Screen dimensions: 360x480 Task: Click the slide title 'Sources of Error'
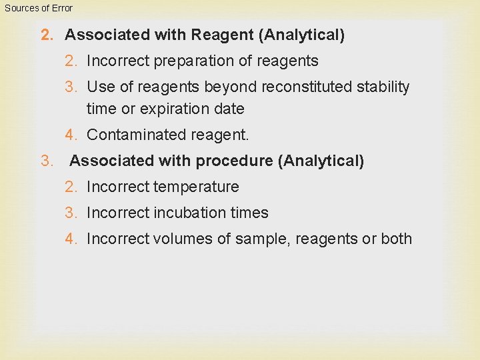pyautogui.click(x=38, y=8)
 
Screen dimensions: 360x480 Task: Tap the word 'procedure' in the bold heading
pyautogui.click(x=241, y=161)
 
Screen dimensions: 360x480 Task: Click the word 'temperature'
pyautogui.click(x=197, y=187)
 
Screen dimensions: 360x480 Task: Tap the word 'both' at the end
pyautogui.click(x=396, y=239)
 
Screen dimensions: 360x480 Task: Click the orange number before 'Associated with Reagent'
pyautogui.click(x=46, y=35)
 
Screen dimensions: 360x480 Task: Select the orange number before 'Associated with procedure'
pyautogui.click(x=46, y=161)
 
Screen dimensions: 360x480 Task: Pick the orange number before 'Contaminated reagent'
pyautogui.click(x=71, y=135)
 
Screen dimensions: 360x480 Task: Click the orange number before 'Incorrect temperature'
pyautogui.click(x=71, y=187)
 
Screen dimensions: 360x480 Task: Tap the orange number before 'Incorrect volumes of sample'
pyautogui.click(x=71, y=239)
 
